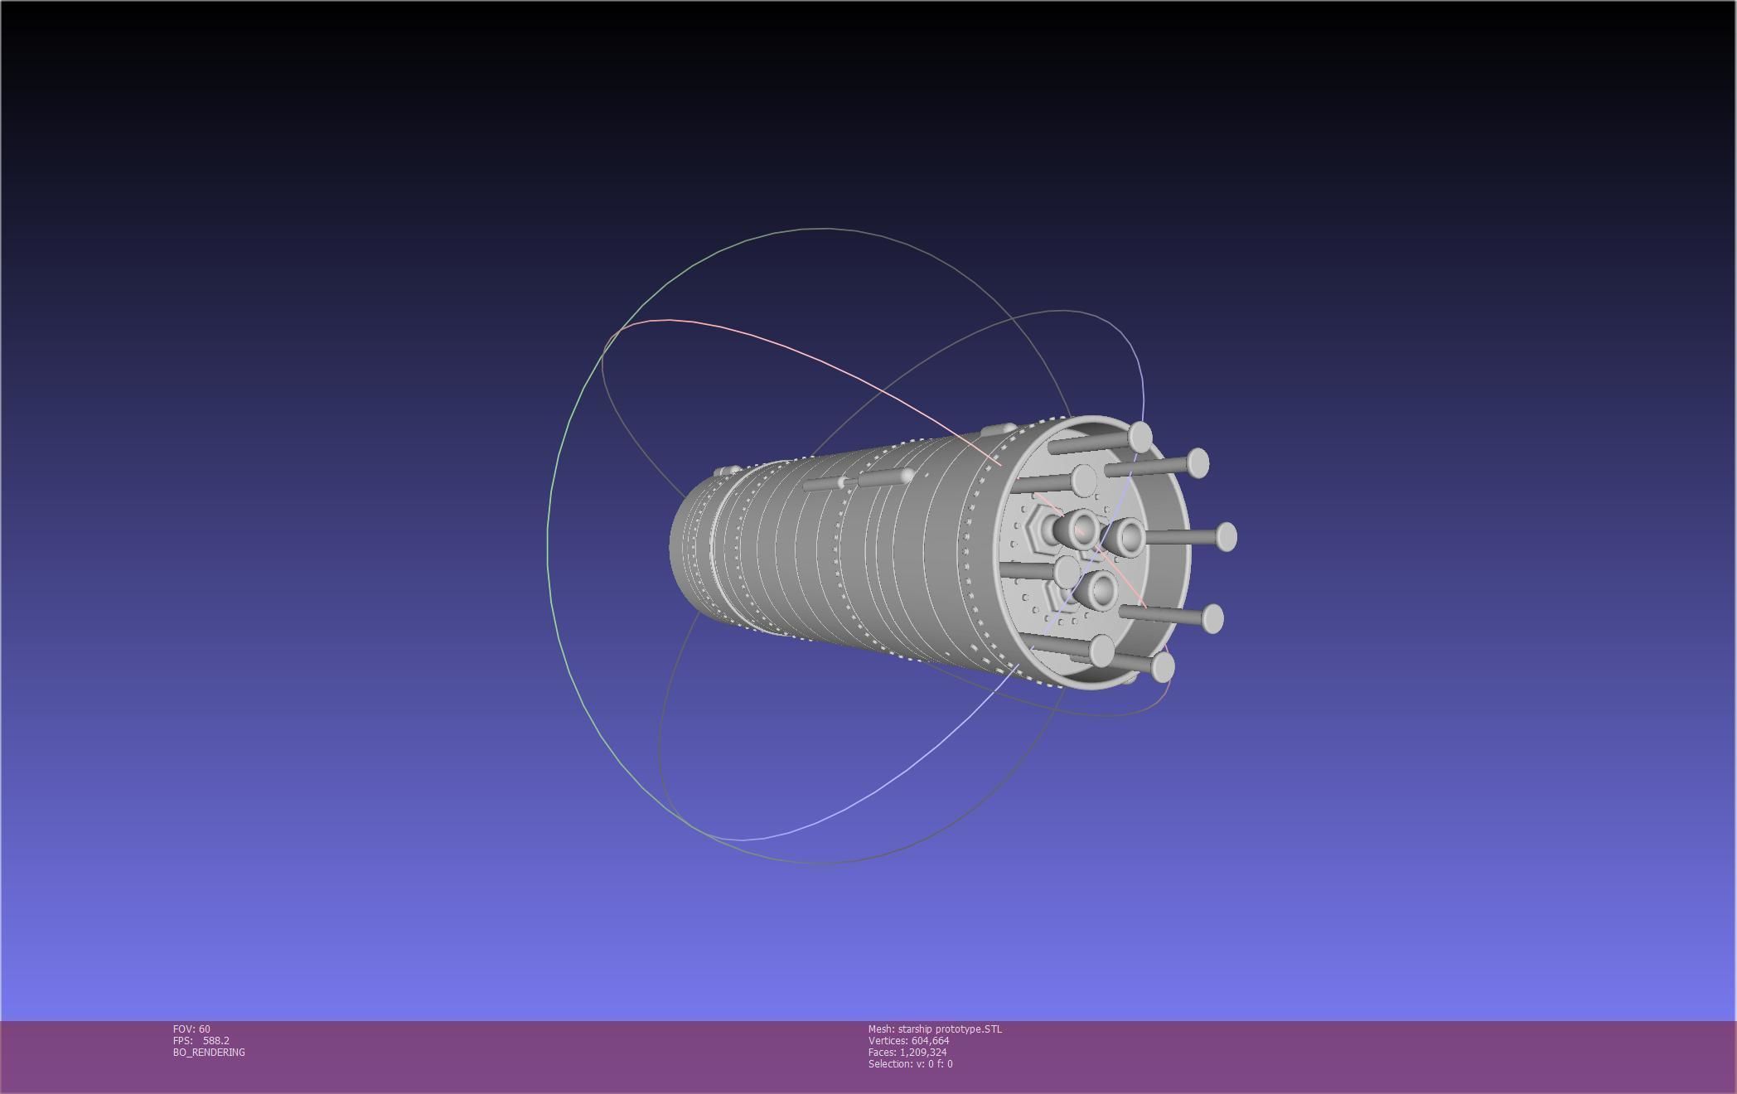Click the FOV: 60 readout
[x=191, y=1029]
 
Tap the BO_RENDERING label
[x=209, y=1052]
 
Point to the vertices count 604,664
[x=930, y=1040]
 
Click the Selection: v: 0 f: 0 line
[x=910, y=1063]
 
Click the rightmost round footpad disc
[x=1227, y=537]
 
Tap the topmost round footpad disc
[x=1140, y=437]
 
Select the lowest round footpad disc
[x=1163, y=667]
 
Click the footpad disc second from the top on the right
[x=1198, y=462]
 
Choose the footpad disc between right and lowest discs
[x=1212, y=618]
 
